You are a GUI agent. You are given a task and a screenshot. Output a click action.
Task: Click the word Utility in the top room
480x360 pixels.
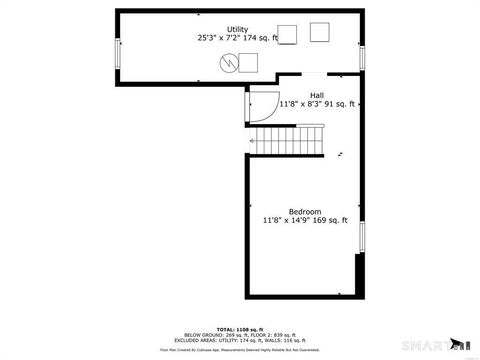coord(237,29)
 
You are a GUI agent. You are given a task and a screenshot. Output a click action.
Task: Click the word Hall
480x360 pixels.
coord(316,95)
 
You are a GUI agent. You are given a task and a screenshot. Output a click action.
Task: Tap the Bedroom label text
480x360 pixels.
coord(305,211)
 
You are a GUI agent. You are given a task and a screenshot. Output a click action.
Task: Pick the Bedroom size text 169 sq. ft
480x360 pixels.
coord(331,220)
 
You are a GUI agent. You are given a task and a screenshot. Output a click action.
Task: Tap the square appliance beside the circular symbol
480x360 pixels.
coord(248,63)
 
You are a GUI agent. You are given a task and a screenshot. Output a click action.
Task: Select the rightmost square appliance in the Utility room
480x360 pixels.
coord(319,32)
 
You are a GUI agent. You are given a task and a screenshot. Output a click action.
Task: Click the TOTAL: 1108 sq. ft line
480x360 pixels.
coord(239,329)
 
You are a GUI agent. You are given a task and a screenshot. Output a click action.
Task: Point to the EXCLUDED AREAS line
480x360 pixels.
coord(240,341)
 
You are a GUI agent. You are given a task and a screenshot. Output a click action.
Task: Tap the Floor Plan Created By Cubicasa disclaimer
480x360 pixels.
coord(240,349)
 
